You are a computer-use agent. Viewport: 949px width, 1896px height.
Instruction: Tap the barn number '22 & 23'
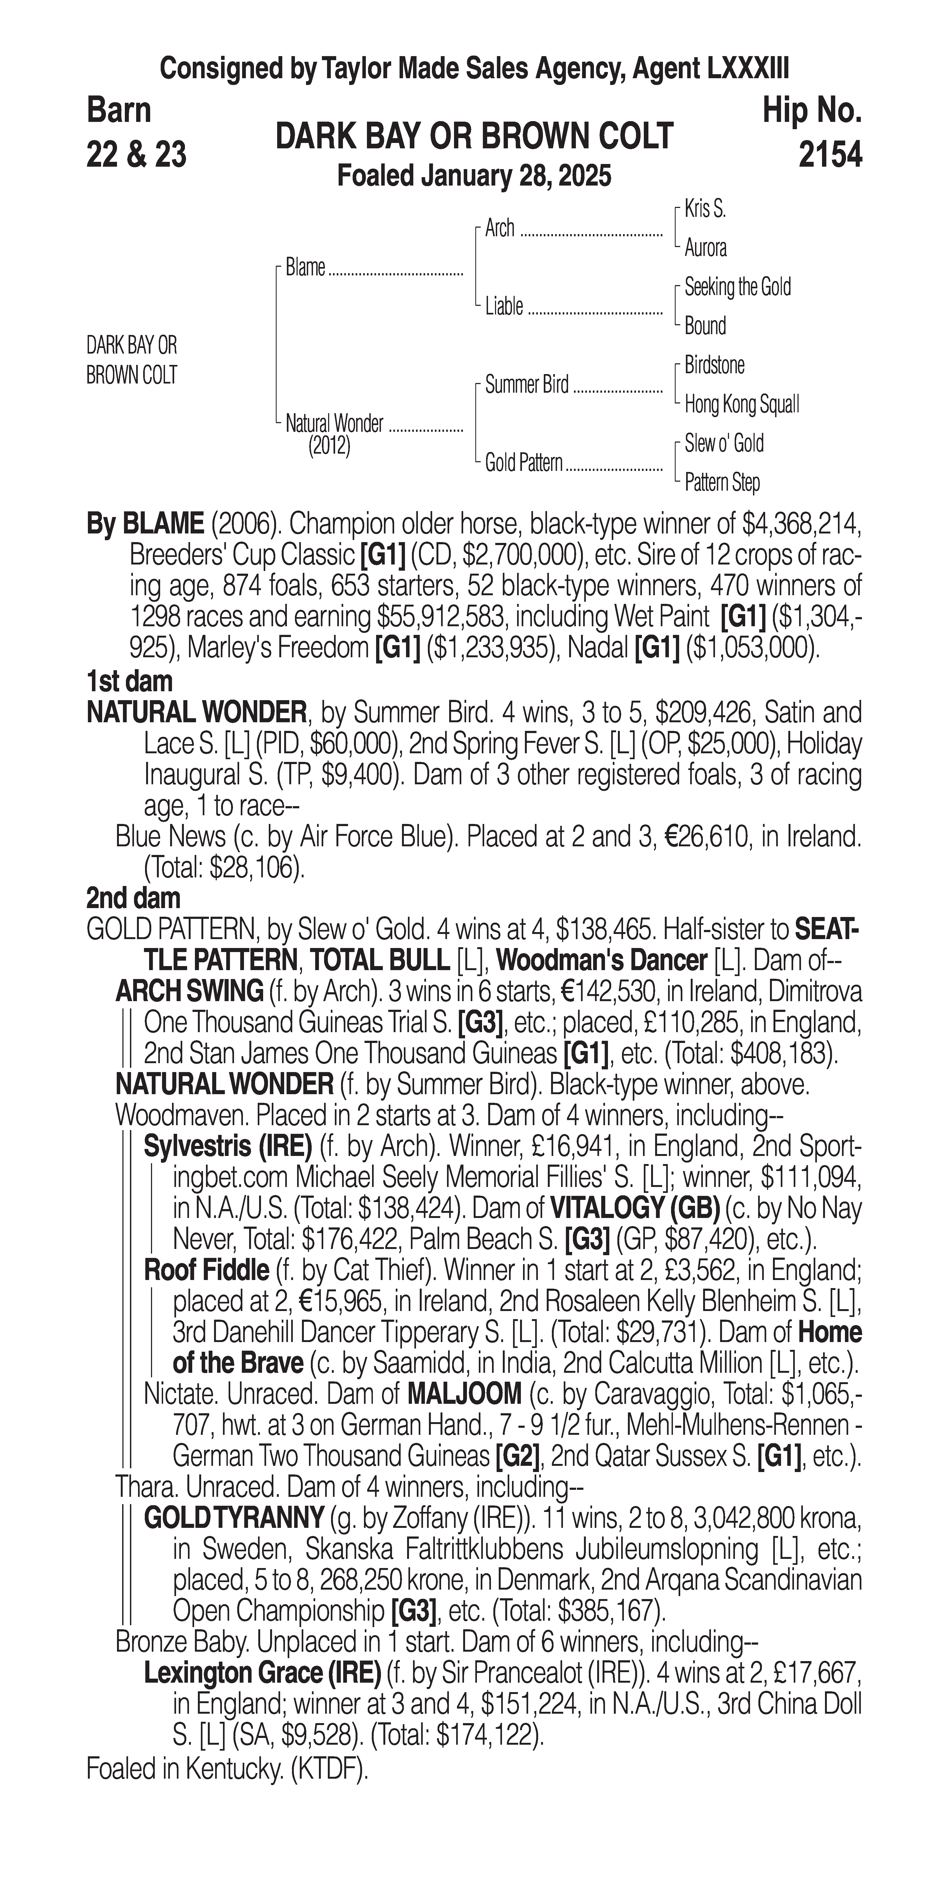tap(136, 155)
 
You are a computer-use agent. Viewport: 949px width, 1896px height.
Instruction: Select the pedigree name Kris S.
tap(705, 209)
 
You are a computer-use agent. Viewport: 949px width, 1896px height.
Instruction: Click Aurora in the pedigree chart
tap(705, 248)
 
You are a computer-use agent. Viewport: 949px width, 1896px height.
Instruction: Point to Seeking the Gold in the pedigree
tap(737, 287)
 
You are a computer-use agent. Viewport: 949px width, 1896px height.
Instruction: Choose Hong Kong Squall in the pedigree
tap(741, 404)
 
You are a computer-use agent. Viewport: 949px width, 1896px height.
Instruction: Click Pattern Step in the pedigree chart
tap(722, 483)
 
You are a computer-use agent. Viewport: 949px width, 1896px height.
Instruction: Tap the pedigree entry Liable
tap(504, 306)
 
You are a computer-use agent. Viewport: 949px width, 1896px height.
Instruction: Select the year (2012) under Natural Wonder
tap(329, 446)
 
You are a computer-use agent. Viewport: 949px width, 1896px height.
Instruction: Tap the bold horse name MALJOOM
tap(464, 1393)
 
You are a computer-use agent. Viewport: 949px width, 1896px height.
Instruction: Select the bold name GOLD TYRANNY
tap(233, 1517)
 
